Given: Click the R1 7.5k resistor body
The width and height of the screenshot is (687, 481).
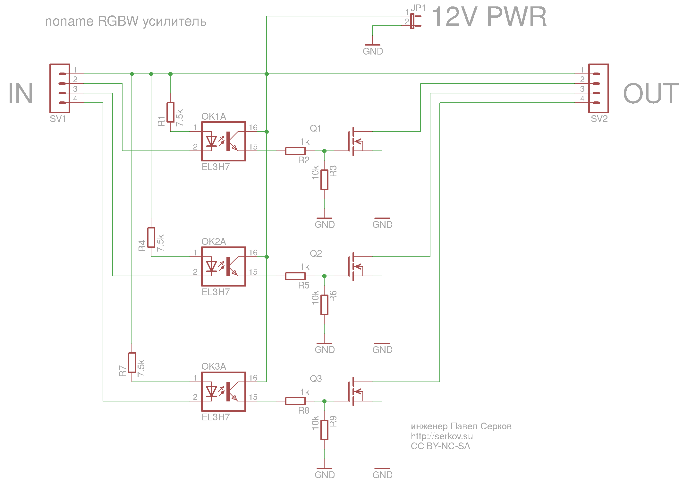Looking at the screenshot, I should point(170,112).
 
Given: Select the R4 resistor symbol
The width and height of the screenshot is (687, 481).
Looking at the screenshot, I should point(151,237).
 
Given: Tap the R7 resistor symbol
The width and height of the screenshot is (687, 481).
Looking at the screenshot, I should point(132,363).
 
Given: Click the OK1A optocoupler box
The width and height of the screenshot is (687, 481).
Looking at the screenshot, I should point(224,141).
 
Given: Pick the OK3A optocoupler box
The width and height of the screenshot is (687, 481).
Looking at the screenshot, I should point(224,391).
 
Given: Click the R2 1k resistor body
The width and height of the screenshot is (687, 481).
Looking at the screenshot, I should point(295,151).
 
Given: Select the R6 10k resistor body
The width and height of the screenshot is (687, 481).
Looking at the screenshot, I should point(324,305).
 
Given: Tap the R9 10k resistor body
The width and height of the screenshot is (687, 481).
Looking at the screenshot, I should point(324,430).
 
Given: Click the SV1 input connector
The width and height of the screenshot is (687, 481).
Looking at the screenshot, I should point(60,88).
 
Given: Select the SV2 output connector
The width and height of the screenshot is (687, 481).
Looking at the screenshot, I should point(598,88).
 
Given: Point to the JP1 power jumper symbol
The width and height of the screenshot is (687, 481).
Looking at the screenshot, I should point(412,21).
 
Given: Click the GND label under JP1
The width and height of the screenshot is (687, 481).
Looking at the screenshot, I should point(373,51).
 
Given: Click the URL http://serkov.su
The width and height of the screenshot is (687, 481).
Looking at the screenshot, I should point(442,436).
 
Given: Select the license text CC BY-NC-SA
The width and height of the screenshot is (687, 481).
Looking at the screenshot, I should point(440,446).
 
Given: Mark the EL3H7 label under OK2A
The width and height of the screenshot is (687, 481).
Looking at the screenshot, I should point(216,292).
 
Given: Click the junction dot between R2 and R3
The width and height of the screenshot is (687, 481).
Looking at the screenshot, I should point(324,151).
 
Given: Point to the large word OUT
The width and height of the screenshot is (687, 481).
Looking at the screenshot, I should point(651,93).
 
